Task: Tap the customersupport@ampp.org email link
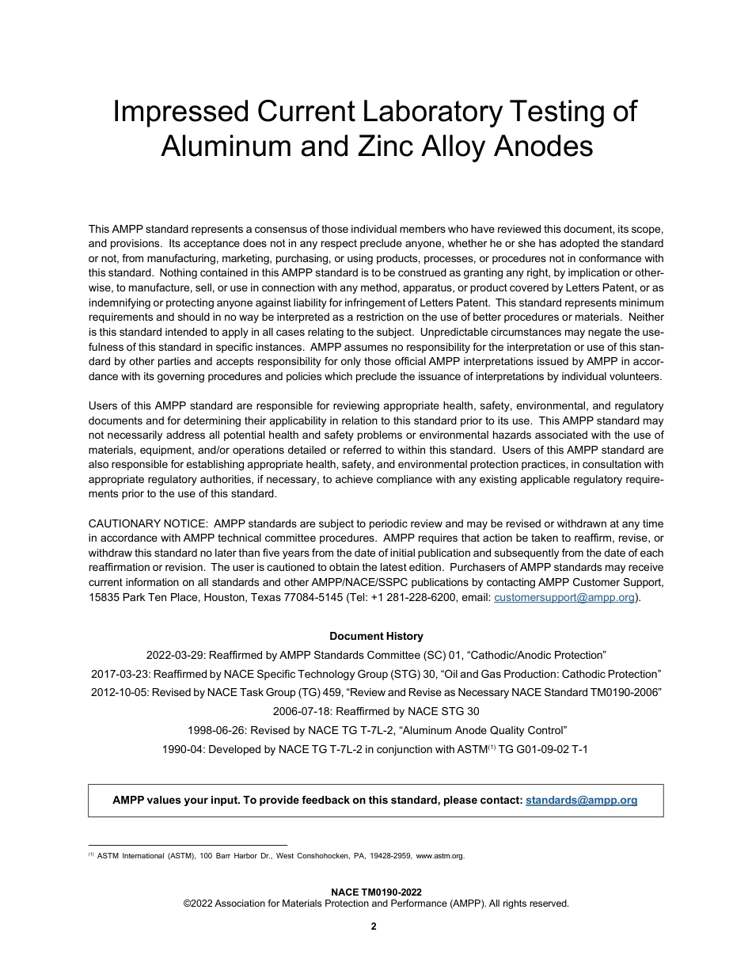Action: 564,598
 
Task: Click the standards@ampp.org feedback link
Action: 581,800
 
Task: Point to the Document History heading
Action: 376,636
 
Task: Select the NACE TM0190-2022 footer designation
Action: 376,892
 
